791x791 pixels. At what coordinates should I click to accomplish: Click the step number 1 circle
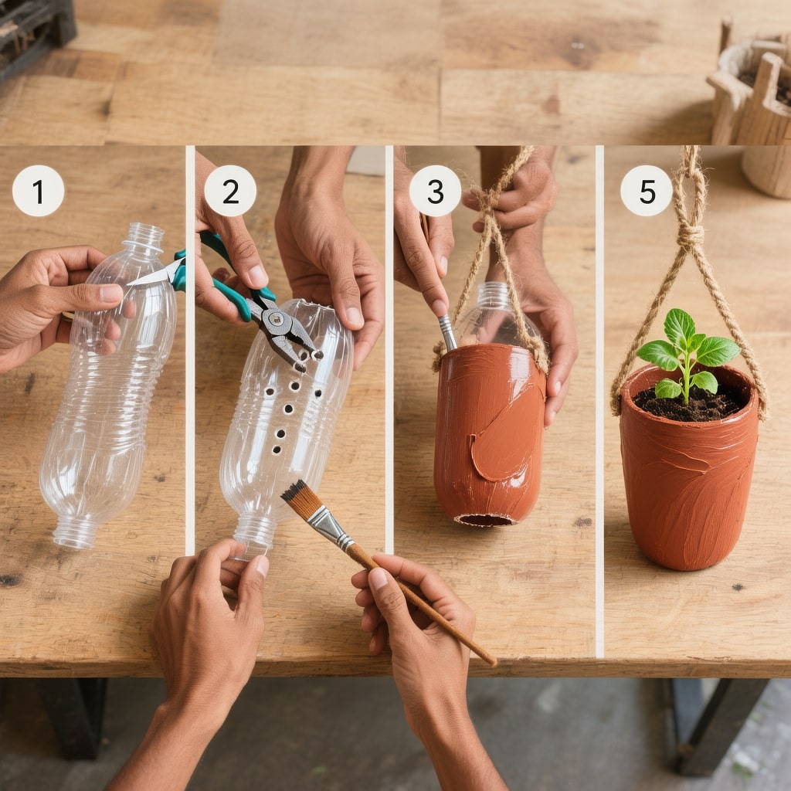point(39,191)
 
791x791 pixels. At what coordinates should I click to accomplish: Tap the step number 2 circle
point(230,191)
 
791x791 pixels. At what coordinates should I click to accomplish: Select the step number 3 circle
point(435,191)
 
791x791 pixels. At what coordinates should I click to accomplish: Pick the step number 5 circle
point(647,191)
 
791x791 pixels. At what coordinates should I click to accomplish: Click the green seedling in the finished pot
point(687,353)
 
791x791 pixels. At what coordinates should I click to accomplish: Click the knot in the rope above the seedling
point(690,235)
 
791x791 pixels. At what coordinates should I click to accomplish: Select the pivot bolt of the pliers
point(276,318)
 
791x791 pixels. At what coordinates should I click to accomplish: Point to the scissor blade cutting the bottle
point(152,276)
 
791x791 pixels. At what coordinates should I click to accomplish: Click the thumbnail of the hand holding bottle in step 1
point(111,293)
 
